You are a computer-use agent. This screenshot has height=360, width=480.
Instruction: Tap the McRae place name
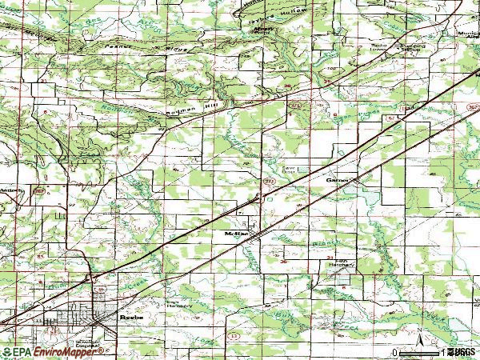click(234, 233)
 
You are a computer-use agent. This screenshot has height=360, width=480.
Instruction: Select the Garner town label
click(335, 181)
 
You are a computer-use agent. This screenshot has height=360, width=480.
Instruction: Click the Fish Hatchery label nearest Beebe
click(178, 306)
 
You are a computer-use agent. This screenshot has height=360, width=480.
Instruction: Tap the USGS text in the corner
click(466, 352)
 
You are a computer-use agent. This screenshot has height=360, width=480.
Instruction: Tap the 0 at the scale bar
click(395, 352)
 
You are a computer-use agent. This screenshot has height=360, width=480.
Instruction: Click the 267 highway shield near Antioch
click(37, 191)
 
